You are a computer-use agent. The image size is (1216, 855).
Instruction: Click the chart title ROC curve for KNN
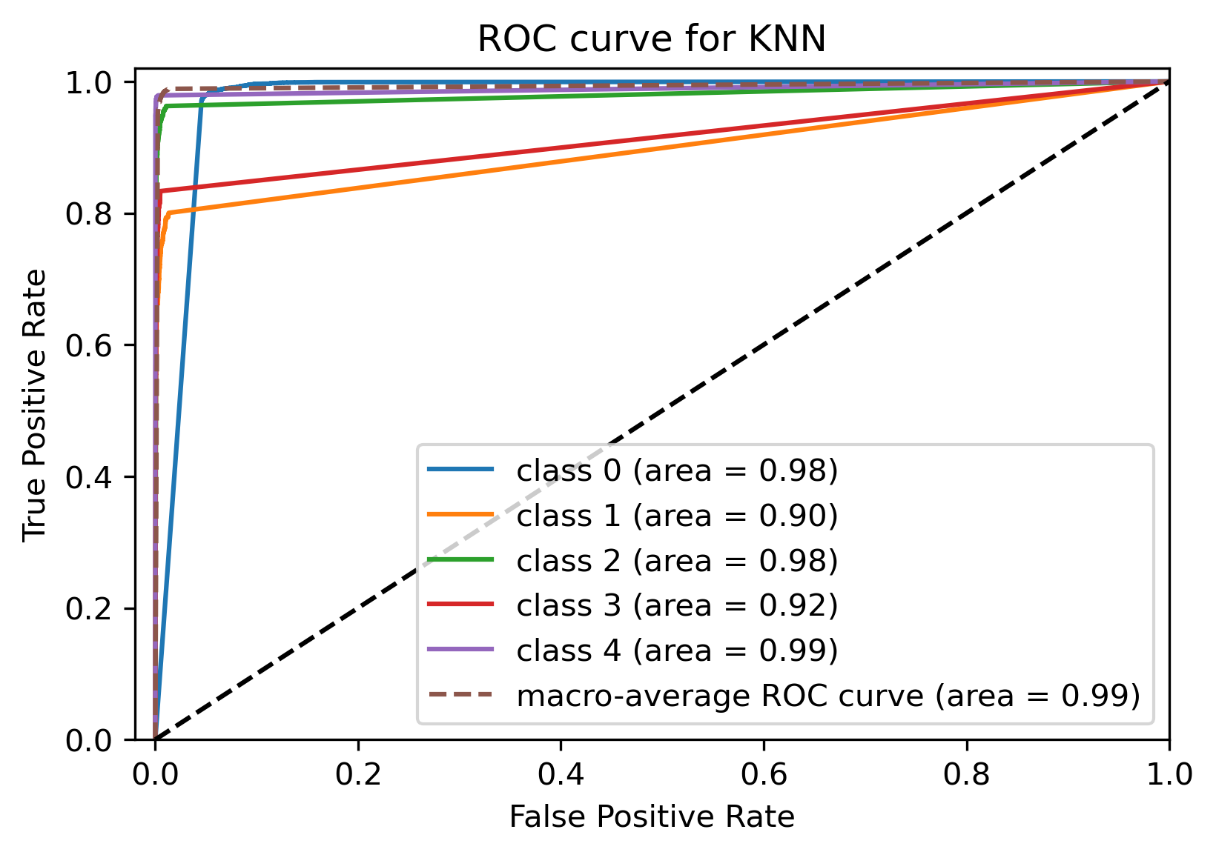(x=651, y=39)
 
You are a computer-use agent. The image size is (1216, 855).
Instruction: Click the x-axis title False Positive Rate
(x=652, y=816)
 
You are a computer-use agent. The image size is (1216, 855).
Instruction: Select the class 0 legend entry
(x=676, y=470)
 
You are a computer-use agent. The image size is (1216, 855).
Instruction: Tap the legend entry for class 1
(x=676, y=516)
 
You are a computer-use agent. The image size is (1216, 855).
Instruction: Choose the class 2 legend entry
(x=676, y=561)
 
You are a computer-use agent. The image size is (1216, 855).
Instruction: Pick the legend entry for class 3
(x=676, y=605)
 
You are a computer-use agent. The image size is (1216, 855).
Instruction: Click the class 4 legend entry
(x=676, y=651)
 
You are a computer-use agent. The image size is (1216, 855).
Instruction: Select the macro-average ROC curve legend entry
(x=827, y=696)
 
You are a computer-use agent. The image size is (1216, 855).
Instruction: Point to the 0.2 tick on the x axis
(x=358, y=775)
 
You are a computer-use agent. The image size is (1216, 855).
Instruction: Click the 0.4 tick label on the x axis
(x=561, y=775)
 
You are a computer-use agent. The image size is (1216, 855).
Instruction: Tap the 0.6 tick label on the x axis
(x=764, y=775)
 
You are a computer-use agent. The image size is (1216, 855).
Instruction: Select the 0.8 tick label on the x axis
(x=967, y=775)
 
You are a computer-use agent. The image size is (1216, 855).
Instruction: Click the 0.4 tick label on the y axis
(x=89, y=477)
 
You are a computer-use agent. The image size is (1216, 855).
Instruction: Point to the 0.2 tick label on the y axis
(x=89, y=609)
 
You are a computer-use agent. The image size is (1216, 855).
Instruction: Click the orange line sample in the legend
(x=460, y=514)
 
